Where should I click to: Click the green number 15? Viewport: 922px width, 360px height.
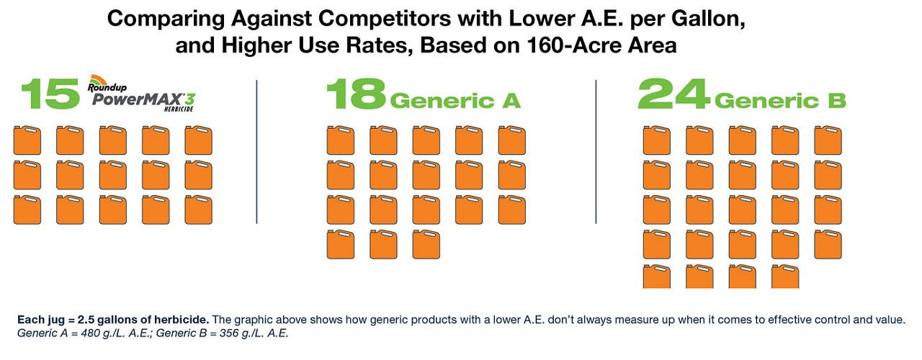(x=50, y=94)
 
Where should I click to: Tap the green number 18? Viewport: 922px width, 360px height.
(x=356, y=94)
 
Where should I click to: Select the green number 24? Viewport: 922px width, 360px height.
(x=673, y=94)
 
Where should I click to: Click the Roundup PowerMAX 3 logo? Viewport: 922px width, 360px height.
(x=141, y=94)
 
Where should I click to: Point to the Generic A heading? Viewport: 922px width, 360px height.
(x=455, y=101)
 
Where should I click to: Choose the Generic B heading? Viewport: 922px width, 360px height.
(x=780, y=101)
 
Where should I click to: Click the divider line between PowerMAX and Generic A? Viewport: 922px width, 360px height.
(x=257, y=152)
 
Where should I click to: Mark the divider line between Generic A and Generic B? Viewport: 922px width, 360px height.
(x=596, y=152)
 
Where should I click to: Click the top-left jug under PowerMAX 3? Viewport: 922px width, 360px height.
(x=27, y=140)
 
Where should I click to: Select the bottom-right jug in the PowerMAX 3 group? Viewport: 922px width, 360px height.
(x=198, y=210)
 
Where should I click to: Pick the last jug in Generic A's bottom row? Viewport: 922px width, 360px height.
(x=426, y=244)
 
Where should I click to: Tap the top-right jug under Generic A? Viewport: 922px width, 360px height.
(x=511, y=140)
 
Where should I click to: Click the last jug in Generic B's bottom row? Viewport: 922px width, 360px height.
(x=785, y=276)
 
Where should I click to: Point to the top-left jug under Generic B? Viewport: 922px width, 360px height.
(x=656, y=140)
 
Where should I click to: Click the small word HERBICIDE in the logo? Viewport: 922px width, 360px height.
(x=179, y=109)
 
